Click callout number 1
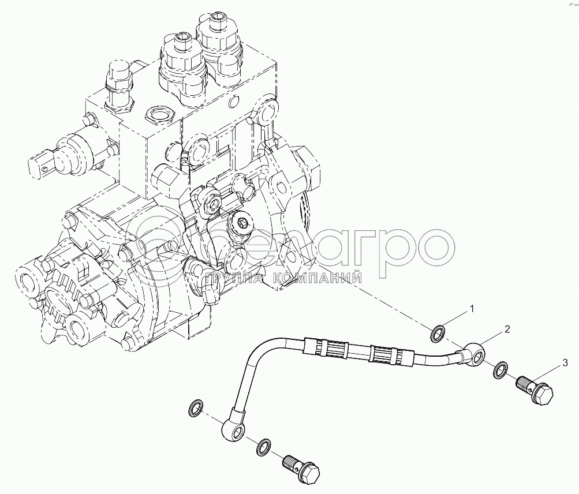coord(471,309)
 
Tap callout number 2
coord(507,329)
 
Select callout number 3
coord(565,364)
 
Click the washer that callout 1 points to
coord(438,332)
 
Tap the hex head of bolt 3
coord(543,396)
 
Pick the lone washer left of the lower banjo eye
coord(195,407)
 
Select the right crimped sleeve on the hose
coord(392,357)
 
